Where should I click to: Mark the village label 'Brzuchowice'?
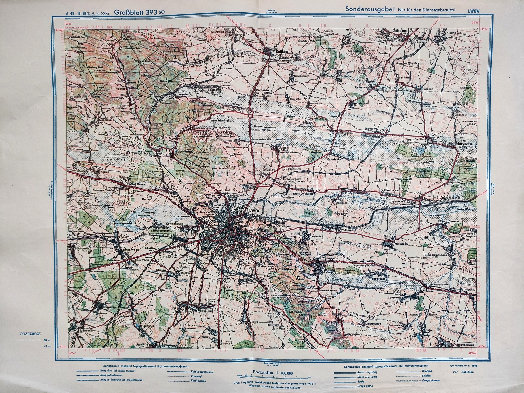point(180,152)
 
